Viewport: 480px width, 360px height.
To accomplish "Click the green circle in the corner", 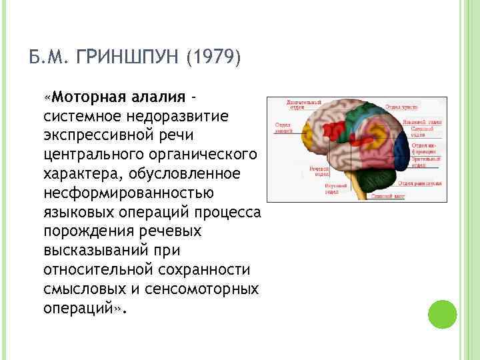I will (441, 313).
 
